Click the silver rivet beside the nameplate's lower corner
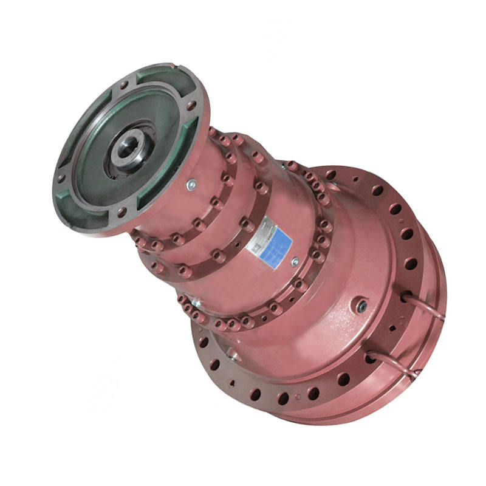pos(295,262)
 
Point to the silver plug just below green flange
pos(191,185)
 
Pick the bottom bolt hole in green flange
pos(122,212)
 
